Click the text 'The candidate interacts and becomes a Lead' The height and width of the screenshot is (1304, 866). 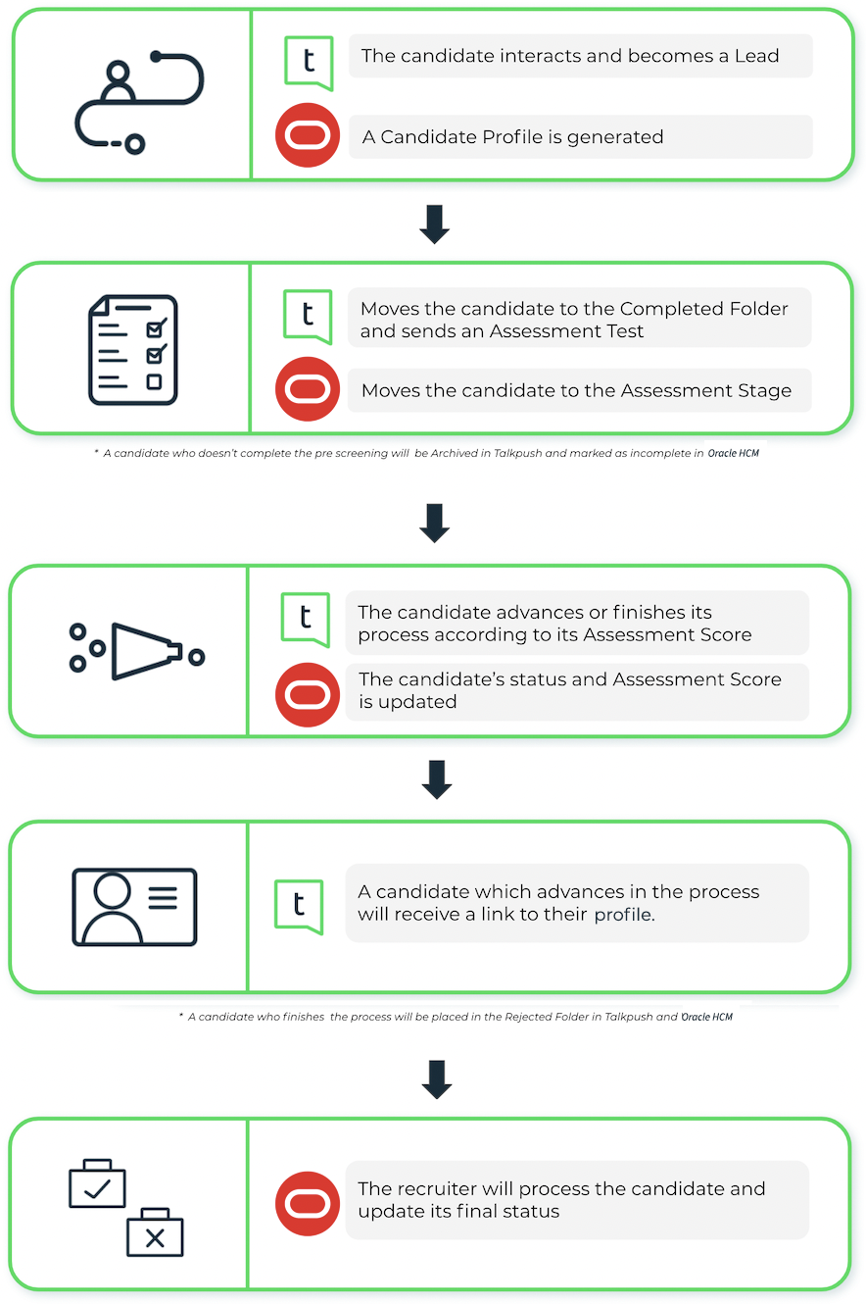tap(570, 56)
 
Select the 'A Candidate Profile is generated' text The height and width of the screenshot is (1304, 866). tap(512, 137)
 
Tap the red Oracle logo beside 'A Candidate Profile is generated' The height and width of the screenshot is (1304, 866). tap(308, 136)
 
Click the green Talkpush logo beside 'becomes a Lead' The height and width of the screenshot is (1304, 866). tap(309, 62)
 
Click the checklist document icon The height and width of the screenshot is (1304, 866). tap(133, 350)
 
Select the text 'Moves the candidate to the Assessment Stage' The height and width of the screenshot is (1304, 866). tap(576, 390)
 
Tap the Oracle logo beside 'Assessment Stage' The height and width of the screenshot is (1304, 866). tap(308, 389)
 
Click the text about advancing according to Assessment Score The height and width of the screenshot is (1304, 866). tap(554, 624)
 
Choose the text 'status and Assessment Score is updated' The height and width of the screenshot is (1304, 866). tap(569, 690)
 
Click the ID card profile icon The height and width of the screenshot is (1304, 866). tap(134, 906)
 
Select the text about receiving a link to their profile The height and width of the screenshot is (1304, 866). tap(558, 903)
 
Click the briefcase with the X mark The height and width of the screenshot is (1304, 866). tap(155, 1234)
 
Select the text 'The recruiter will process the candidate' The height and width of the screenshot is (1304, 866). tap(561, 1200)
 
